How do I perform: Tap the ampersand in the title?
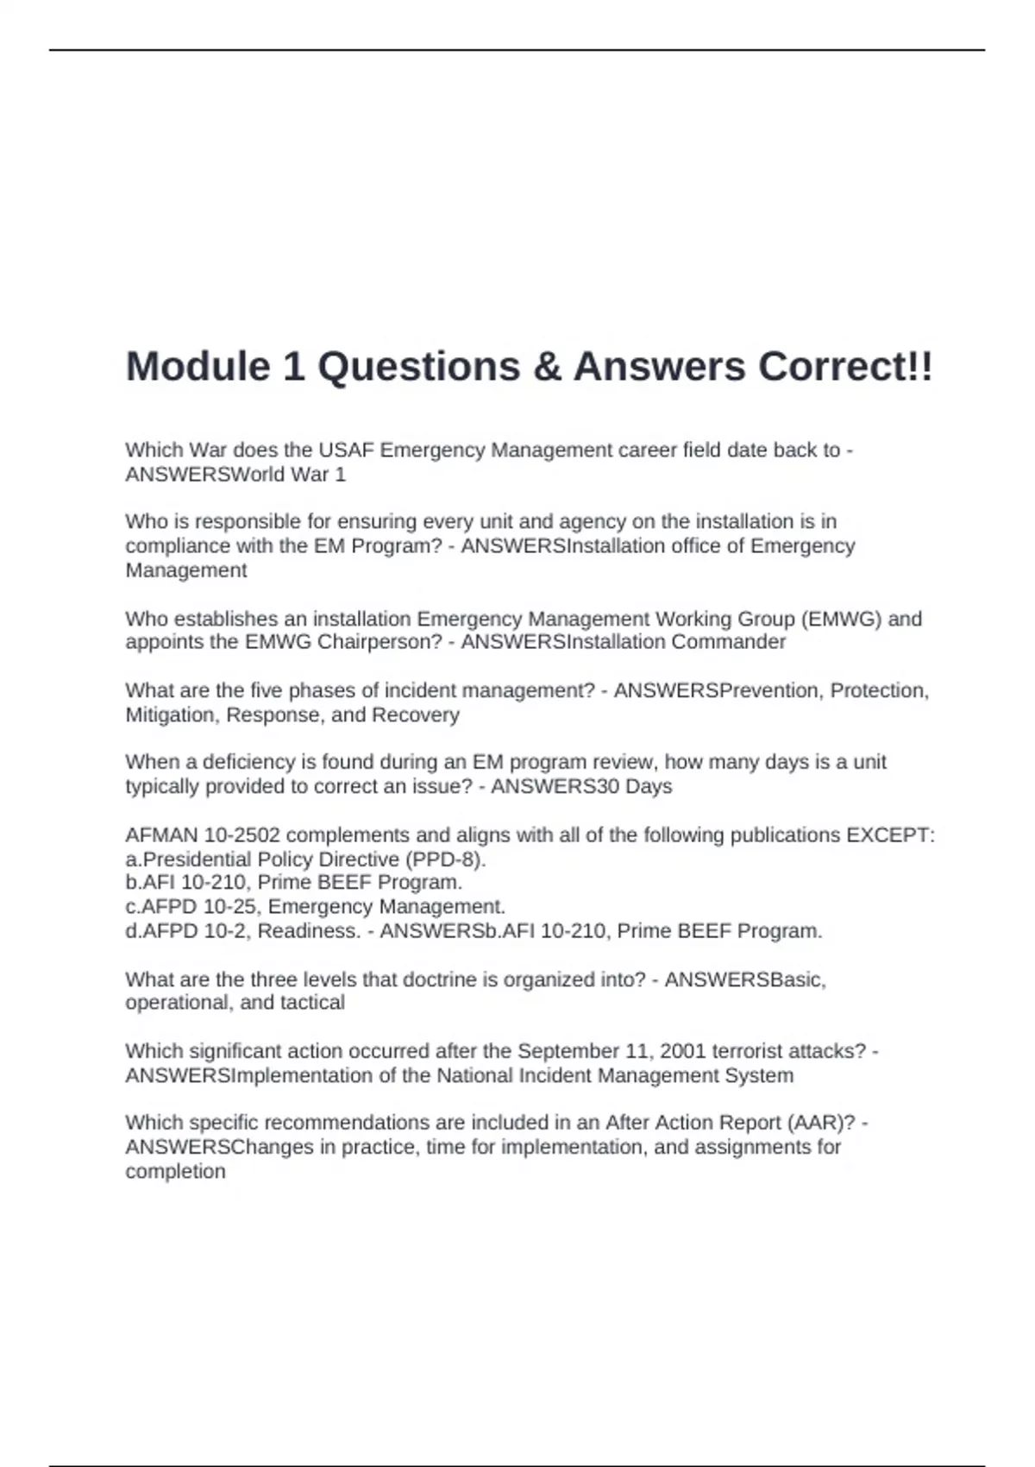click(546, 367)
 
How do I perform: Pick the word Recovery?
click(415, 715)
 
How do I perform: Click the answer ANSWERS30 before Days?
click(543, 786)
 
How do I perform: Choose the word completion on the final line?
click(175, 1171)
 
